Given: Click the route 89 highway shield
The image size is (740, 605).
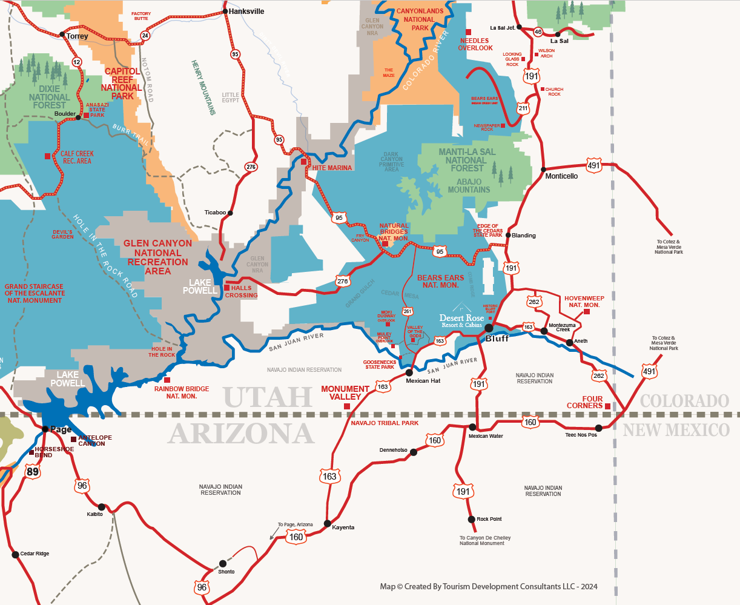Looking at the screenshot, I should [x=33, y=471].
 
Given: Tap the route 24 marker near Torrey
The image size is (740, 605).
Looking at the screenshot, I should [x=145, y=36].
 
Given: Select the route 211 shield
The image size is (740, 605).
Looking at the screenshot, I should [x=523, y=108].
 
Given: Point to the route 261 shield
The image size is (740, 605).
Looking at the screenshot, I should [x=408, y=311].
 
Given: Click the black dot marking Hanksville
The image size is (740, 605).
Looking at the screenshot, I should [x=225, y=12].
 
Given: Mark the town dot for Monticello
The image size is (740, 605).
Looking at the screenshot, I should [x=544, y=170].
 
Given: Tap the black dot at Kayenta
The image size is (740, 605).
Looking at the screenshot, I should [x=328, y=523].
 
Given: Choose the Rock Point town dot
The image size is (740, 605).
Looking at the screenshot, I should [x=471, y=519].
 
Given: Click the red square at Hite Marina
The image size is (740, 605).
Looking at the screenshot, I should [x=304, y=162].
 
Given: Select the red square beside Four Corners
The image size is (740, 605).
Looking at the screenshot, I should [x=607, y=406].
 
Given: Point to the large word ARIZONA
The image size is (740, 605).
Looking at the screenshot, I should [x=241, y=434].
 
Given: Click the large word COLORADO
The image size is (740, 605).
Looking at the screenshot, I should [x=684, y=401].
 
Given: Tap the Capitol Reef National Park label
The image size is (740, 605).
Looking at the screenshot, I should [x=122, y=84].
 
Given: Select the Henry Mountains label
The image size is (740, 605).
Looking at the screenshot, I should [x=203, y=87].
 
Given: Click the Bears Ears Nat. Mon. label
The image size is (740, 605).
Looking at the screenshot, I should [x=441, y=281].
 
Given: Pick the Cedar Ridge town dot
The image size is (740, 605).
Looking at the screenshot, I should [x=15, y=554].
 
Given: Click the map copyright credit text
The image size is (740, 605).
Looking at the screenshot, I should [x=488, y=586].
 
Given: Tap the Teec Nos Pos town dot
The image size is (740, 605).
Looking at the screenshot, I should [x=599, y=428].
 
